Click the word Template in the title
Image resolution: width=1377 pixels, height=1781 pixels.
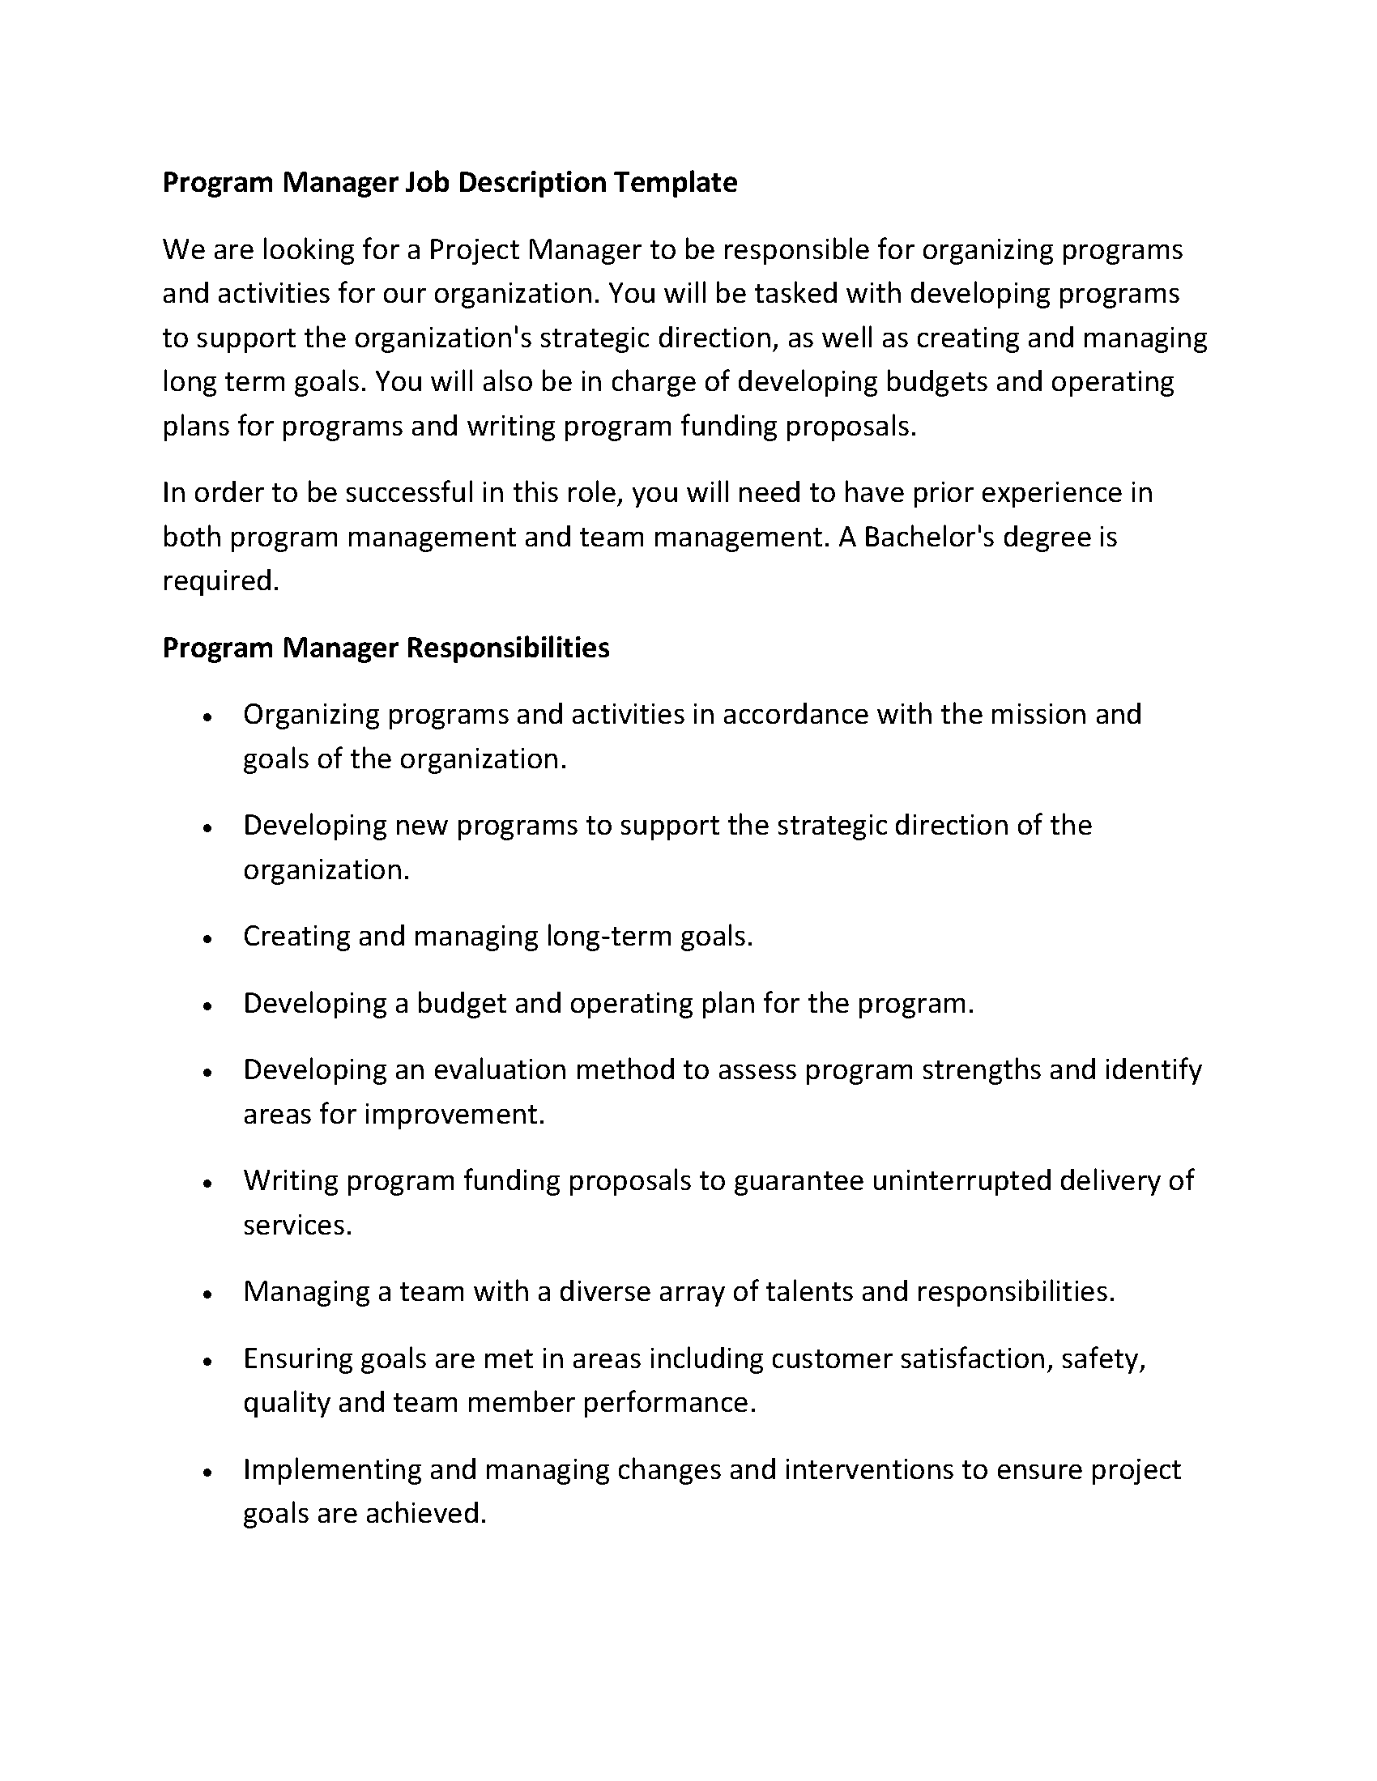pos(675,182)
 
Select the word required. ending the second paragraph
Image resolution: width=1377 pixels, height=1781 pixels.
pos(221,581)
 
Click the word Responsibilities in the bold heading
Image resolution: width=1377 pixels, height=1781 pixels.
pos(507,648)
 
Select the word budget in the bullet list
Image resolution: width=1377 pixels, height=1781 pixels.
pos(461,1003)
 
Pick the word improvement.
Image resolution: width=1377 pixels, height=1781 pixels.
pos(454,1114)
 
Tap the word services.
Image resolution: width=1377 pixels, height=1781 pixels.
pos(298,1225)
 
